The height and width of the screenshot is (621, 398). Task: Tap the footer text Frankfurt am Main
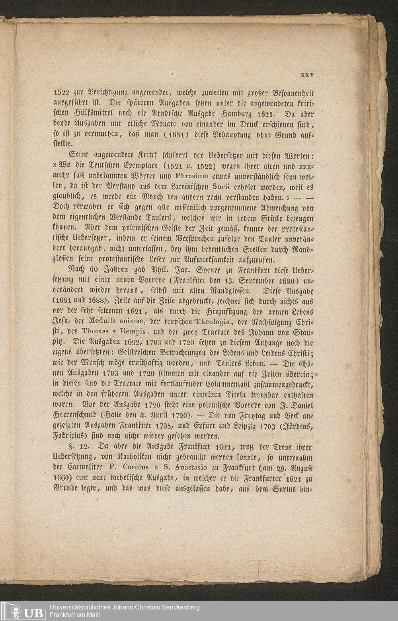click(75, 615)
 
